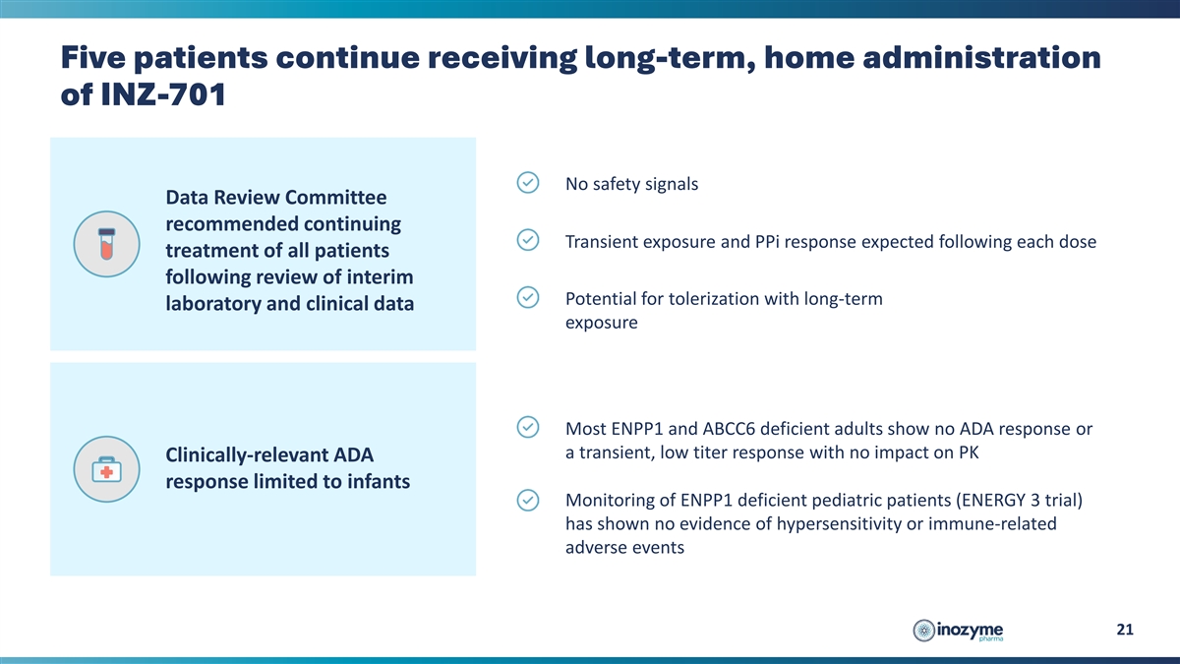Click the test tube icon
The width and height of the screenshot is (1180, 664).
coord(106,244)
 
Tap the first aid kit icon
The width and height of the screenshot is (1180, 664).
coord(106,469)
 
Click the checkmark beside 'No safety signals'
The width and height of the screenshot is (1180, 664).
coord(527,182)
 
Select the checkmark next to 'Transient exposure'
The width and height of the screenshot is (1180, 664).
coord(527,240)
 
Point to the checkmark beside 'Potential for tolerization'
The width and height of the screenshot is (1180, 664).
coord(527,297)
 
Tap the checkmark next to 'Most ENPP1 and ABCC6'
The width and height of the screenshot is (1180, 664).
coord(527,427)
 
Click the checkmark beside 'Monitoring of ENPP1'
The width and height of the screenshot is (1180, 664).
coord(527,500)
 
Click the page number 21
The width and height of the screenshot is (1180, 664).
coord(1125,630)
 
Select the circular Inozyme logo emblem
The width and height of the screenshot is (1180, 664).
coord(923,631)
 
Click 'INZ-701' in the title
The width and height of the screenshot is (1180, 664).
coord(163,94)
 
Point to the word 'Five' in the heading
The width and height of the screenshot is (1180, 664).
coord(93,57)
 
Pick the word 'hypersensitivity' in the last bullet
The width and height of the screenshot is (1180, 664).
coord(839,523)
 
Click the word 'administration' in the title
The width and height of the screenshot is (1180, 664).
coord(982,57)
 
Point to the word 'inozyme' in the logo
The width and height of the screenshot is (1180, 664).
coord(970,630)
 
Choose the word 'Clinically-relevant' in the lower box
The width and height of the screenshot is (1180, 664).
coord(247,454)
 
